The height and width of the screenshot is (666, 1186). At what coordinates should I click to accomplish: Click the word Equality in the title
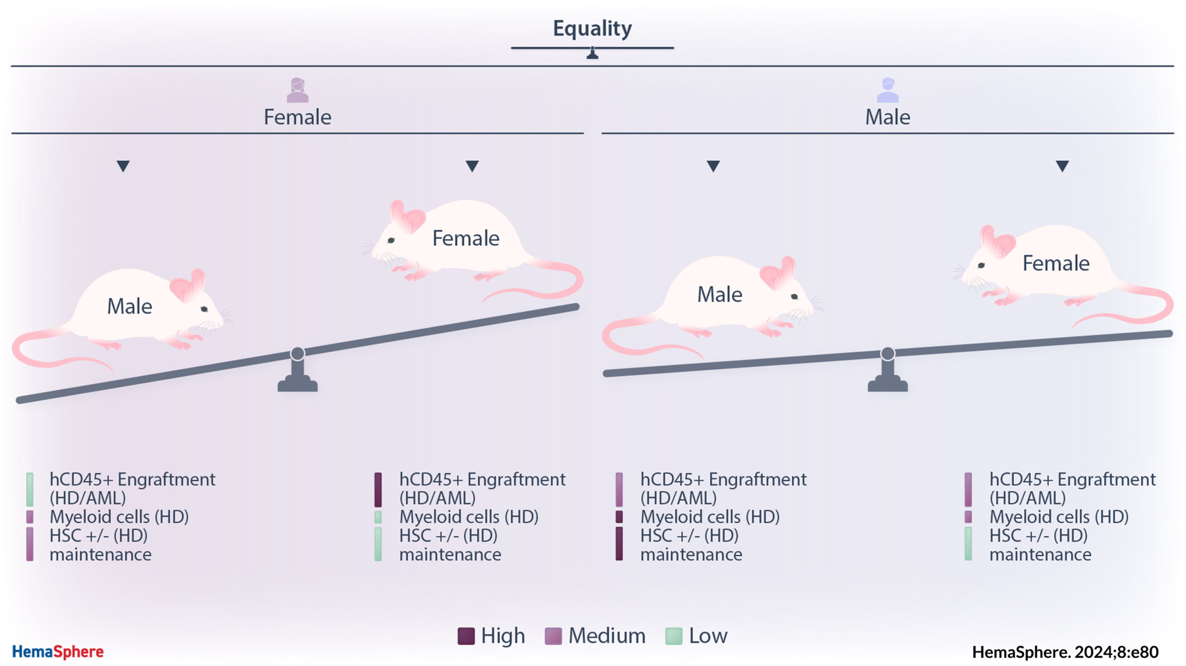pyautogui.click(x=592, y=29)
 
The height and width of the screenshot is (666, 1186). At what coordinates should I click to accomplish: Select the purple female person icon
pyautogui.click(x=297, y=90)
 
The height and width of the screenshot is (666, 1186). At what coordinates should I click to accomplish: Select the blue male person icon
pyautogui.click(x=888, y=90)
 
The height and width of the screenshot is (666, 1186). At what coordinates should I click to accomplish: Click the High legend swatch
pyautogui.click(x=466, y=636)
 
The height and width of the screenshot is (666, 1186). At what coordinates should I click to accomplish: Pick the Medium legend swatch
pyautogui.click(x=553, y=636)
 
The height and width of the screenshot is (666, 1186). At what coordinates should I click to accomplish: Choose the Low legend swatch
pyautogui.click(x=674, y=636)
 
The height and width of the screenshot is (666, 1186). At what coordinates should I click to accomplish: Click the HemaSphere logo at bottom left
pyautogui.click(x=58, y=651)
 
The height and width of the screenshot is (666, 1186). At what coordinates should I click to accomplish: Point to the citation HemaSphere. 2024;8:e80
pyautogui.click(x=1065, y=652)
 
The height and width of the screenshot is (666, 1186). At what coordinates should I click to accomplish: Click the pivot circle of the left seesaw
pyautogui.click(x=297, y=353)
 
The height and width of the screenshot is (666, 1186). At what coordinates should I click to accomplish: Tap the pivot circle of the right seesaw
pyautogui.click(x=888, y=353)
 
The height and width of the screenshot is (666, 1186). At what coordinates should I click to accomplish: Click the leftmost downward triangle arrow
pyautogui.click(x=123, y=166)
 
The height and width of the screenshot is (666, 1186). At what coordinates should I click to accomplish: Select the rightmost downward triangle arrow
pyautogui.click(x=1062, y=166)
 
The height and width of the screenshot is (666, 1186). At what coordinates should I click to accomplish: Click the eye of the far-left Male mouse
pyautogui.click(x=204, y=309)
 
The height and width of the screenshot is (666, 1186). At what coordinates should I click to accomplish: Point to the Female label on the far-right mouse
pyautogui.click(x=1056, y=263)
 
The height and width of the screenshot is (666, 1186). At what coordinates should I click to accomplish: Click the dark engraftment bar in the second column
pyautogui.click(x=378, y=490)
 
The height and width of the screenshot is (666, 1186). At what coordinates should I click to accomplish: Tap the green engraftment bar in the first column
pyautogui.click(x=30, y=490)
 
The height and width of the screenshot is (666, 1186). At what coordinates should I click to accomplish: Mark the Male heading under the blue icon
pyautogui.click(x=888, y=117)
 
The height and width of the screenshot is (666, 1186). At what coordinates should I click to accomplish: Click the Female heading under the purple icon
pyautogui.click(x=297, y=117)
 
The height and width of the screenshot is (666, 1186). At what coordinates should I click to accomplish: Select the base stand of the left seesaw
pyautogui.click(x=297, y=379)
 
